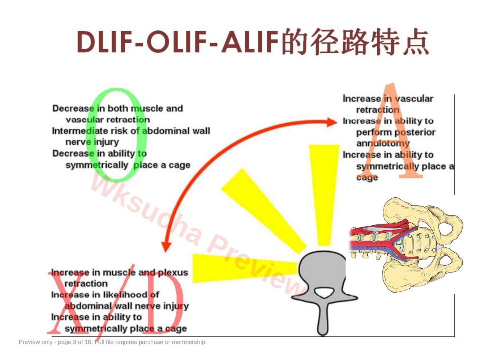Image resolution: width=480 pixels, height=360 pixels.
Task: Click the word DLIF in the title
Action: (x=105, y=42)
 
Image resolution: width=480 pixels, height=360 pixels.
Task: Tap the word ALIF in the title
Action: (x=250, y=42)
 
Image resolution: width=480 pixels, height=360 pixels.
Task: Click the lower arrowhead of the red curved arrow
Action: (x=166, y=246)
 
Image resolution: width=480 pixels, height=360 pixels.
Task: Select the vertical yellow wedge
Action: (x=324, y=194)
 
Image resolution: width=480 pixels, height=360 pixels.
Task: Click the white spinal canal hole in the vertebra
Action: (x=324, y=292)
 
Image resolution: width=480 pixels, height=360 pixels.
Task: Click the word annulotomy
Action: (x=383, y=144)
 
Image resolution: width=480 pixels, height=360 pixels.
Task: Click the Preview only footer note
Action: (x=112, y=342)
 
